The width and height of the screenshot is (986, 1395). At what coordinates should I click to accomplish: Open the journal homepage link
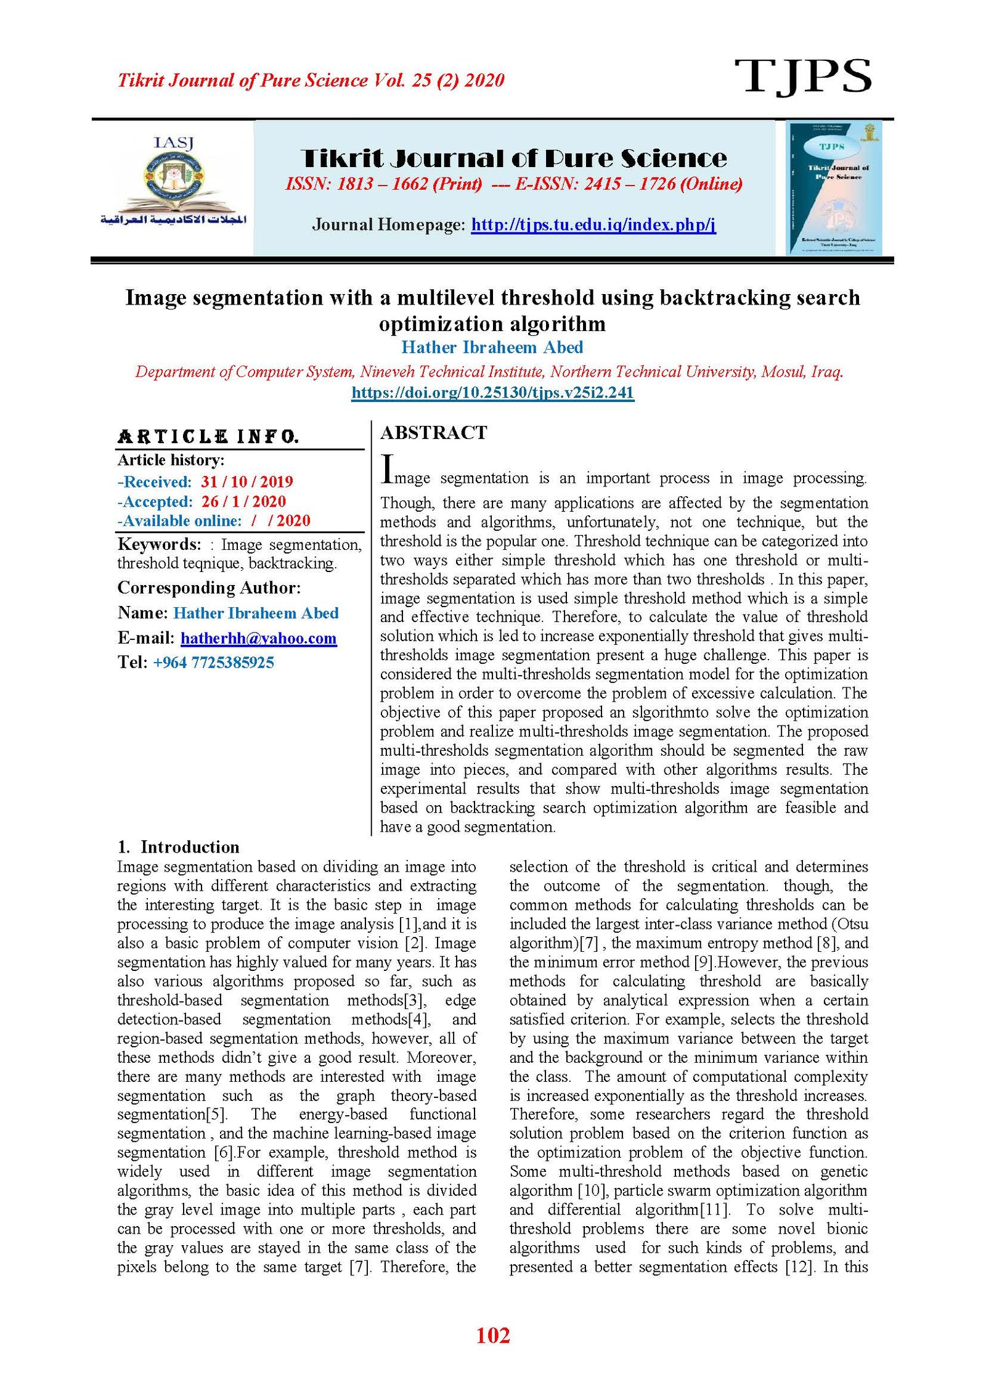coord(593,224)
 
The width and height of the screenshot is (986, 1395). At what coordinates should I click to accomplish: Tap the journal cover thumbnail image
coord(834,188)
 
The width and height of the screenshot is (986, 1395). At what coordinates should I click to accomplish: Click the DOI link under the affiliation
coord(492,393)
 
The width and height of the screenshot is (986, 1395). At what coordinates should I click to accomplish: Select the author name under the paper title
coord(492,348)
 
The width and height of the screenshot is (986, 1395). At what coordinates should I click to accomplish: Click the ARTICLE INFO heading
coord(208,437)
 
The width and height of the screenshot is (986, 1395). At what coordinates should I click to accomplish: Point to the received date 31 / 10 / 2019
coord(246,482)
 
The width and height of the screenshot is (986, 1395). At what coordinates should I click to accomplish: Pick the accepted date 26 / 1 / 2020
coord(243,502)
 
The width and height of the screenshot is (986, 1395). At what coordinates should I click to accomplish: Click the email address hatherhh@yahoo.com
coord(258,638)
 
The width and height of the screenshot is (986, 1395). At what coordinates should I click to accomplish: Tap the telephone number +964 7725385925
coord(213,663)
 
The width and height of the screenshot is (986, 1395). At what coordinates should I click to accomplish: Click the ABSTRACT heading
coord(433,433)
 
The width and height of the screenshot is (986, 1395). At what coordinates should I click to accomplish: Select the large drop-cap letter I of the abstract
coord(387,470)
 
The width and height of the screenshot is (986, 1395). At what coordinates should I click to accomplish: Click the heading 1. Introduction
coord(178,847)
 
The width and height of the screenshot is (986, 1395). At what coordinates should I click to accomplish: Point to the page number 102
coord(493,1335)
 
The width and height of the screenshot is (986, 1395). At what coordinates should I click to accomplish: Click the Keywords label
coord(159,544)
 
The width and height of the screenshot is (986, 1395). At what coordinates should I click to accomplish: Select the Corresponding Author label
coord(209,588)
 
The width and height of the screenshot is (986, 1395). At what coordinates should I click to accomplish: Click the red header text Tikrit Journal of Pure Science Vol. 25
coord(311,80)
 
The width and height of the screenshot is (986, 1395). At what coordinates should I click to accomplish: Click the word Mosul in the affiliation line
coord(783,372)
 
